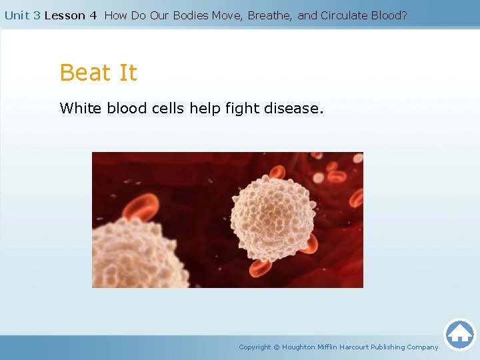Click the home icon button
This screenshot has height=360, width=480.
tap(459, 333)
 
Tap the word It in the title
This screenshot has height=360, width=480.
tap(126, 73)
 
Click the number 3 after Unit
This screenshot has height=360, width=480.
tap(36, 15)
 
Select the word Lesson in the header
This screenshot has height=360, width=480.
tap(65, 15)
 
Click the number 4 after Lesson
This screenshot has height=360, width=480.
tap(93, 15)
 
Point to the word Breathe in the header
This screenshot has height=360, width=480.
tap(269, 15)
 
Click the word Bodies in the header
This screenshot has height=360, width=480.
tap(189, 15)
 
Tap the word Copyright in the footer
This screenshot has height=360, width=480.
tap(255, 347)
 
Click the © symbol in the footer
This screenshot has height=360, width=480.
tap(277, 347)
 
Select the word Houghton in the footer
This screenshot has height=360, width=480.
tap(299, 347)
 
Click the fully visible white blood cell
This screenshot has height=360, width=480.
tap(272, 213)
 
